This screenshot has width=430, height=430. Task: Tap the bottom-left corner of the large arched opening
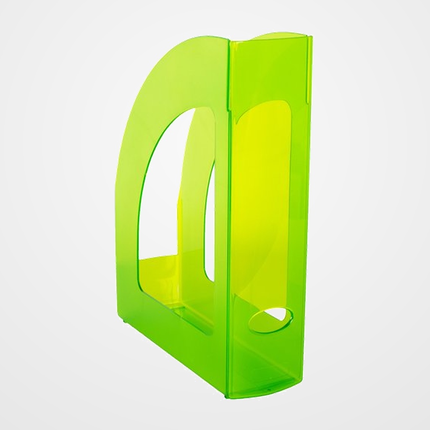141,273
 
